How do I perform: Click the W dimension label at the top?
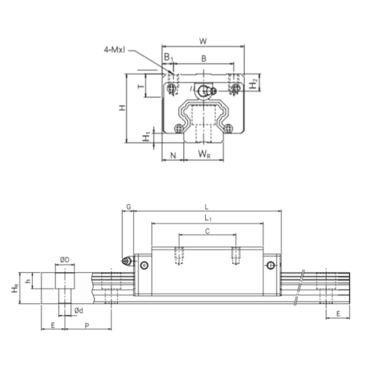coord(203,41)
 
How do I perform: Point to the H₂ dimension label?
coord(255,82)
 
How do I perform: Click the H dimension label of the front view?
coord(122,107)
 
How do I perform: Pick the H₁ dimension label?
coord(146,137)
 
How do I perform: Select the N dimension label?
coord(173,155)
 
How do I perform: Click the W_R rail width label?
coord(204,155)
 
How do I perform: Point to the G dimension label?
coord(128,207)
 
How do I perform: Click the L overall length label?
coord(207,207)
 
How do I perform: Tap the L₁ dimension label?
coord(207,218)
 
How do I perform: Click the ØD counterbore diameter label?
coord(64,260)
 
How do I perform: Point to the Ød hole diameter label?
coord(78,310)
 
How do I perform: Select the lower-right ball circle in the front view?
coord(229,127)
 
